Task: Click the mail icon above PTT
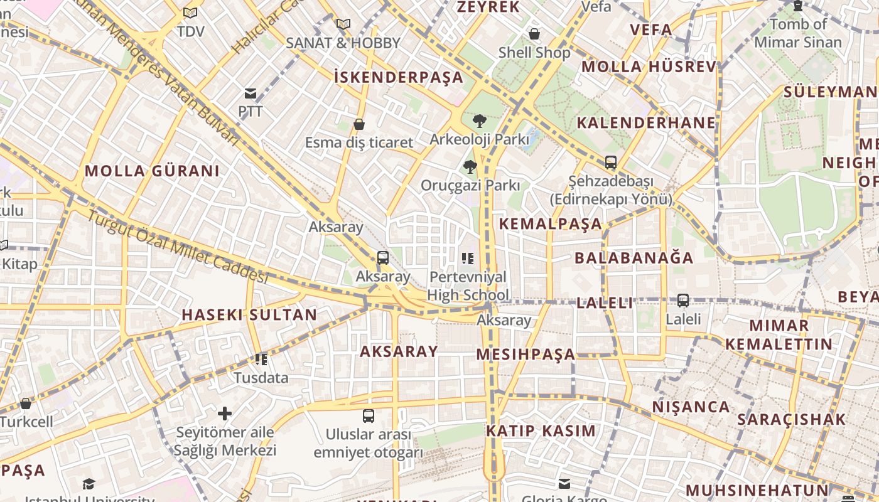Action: [251, 93]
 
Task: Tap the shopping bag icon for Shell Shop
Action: [534, 34]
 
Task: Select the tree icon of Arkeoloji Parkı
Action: [479, 120]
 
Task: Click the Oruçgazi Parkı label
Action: [470, 186]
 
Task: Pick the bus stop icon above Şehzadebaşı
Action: [610, 163]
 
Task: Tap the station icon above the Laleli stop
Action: [683, 301]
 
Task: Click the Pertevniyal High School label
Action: [468, 286]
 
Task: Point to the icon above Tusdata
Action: [261, 360]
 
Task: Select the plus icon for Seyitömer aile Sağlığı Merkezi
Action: [225, 414]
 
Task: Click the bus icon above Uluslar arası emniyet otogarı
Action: [369, 415]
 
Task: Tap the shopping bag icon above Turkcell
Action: [26, 403]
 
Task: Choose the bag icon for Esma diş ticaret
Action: [359, 124]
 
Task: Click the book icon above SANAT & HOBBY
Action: [343, 24]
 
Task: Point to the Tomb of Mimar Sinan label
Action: [798, 33]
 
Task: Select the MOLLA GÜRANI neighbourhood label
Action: [152, 171]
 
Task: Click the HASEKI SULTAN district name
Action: [249, 314]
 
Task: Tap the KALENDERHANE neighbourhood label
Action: [646, 122]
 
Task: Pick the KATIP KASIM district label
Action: [541, 431]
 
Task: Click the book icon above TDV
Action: [190, 13]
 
